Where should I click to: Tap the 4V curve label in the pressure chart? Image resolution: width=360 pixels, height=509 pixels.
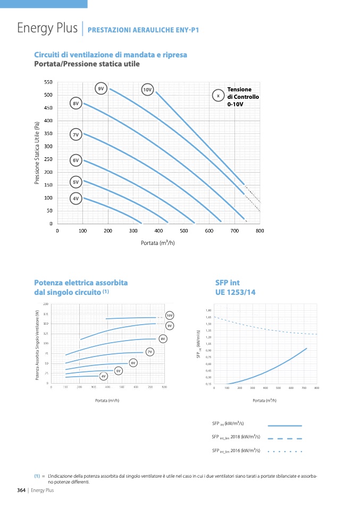point(76,198)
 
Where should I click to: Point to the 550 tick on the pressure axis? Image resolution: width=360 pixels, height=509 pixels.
point(48,82)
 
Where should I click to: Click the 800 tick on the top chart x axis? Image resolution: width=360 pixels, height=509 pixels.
point(259,231)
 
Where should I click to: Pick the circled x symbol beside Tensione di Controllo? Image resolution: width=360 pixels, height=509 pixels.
point(218,96)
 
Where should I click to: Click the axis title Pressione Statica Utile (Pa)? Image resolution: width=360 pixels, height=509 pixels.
point(37,153)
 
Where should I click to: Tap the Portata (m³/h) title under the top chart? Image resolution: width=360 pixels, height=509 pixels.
point(158,243)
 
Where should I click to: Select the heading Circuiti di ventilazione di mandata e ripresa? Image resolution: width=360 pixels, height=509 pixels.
point(111,55)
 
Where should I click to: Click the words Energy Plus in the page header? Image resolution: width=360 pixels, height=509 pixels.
point(47,28)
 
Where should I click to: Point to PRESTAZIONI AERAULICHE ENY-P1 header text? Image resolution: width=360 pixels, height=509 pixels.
point(143,30)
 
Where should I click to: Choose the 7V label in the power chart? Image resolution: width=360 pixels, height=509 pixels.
point(150,352)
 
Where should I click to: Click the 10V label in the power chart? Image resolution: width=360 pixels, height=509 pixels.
point(170,316)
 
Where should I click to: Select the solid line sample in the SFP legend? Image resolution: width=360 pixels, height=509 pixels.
point(284,426)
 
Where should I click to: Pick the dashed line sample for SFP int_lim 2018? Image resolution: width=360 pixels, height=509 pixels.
point(284,438)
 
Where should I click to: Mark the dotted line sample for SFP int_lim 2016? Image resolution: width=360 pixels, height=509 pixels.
point(284,451)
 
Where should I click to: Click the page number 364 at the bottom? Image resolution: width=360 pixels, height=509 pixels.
point(18,490)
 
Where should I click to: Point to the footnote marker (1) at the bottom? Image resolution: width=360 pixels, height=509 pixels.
point(37,476)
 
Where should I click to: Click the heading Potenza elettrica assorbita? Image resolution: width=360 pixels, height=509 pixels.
point(81,283)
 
